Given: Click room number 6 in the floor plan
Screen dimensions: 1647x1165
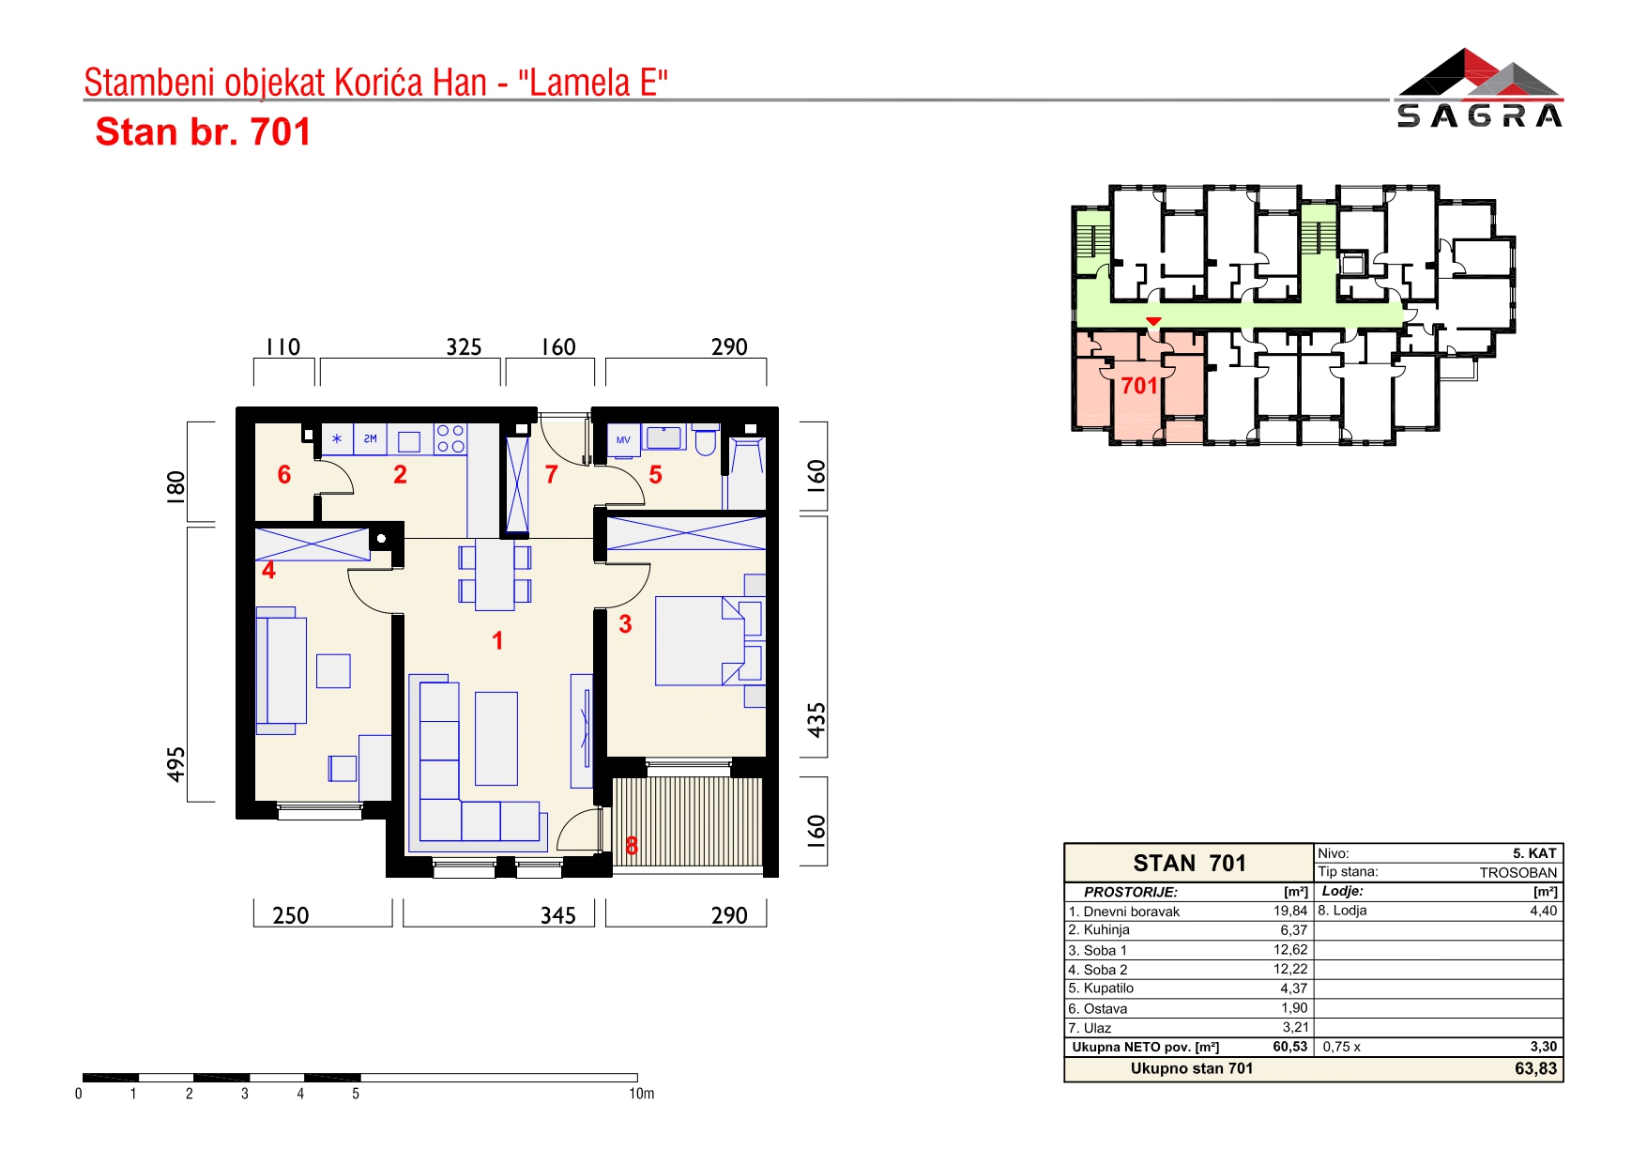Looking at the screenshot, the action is point(284,475).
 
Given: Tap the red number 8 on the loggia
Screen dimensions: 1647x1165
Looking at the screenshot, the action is point(632,846).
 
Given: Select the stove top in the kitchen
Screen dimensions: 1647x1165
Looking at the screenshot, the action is point(450,438).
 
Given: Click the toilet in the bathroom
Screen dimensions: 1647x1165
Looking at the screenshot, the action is point(706,439).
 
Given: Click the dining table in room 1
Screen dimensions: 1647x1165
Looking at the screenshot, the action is point(495,574).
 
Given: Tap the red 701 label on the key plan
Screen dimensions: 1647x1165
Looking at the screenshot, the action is point(1139,386).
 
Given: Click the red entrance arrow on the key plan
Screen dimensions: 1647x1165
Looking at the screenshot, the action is point(1153,322).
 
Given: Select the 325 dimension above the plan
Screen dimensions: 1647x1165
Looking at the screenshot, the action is point(464,347).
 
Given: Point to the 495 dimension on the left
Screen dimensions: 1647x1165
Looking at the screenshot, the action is point(175,764).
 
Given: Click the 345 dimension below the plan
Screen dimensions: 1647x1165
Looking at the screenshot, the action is point(557,915).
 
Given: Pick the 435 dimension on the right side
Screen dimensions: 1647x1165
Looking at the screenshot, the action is point(816,720).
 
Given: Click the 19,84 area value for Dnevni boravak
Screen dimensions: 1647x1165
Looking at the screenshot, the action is point(1290,911).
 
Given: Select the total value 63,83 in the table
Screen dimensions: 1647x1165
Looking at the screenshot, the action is point(1535,1068).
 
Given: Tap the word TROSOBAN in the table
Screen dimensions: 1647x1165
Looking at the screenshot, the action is point(1518,872).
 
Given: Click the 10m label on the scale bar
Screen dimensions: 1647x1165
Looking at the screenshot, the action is point(642,1094).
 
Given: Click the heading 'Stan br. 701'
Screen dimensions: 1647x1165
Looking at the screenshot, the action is point(203,132).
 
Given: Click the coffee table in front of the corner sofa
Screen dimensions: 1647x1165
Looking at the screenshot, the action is point(496,738).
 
